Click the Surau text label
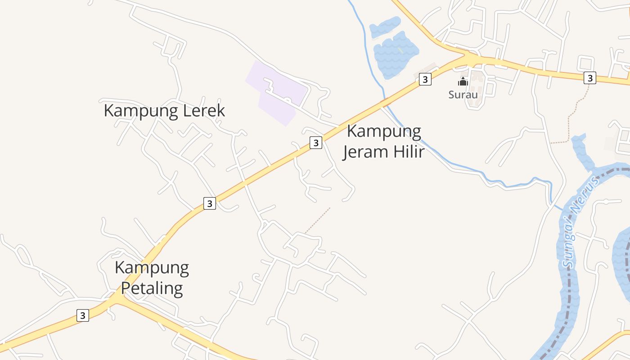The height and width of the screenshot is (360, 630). coord(463,94)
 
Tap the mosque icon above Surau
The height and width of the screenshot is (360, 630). coord(463,81)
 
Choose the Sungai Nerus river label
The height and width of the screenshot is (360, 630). coord(580,223)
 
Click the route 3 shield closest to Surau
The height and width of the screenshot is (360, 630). coord(425,79)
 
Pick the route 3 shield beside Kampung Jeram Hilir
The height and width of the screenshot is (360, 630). coord(316,143)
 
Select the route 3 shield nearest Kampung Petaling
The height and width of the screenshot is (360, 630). coord(82,315)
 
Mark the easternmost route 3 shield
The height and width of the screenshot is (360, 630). coord(589,78)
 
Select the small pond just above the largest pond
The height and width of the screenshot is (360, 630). coord(385,27)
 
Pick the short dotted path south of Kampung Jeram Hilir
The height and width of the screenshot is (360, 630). coord(318,220)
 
